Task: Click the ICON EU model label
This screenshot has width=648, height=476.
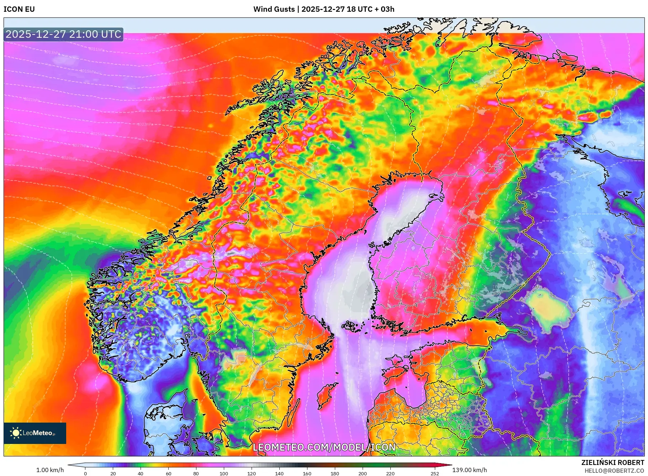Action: tap(19, 9)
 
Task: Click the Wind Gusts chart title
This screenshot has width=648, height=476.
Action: tap(323, 9)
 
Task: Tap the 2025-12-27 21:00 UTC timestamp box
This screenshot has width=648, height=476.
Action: tap(63, 34)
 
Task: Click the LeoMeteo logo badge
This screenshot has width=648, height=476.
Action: tap(35, 433)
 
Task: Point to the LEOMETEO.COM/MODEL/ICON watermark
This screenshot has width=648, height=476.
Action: tap(324, 447)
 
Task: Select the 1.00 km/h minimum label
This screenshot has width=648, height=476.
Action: tap(50, 470)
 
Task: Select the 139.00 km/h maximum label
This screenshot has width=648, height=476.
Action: tap(469, 470)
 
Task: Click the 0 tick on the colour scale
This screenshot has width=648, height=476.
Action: tap(85, 474)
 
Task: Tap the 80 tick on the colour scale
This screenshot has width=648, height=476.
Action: tap(196, 474)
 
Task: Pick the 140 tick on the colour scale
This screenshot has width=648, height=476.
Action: tap(279, 474)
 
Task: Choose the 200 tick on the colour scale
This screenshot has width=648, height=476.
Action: tap(362, 474)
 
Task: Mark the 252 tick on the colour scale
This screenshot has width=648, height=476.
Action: tap(434, 474)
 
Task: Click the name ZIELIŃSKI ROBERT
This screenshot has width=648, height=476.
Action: tap(612, 462)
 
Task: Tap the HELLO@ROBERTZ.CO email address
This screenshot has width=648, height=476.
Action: tap(614, 471)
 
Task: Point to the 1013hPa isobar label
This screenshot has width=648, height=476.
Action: tap(52, 52)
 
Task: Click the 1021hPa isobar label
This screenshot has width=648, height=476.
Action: tap(32, 100)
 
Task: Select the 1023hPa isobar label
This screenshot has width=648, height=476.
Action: tap(145, 124)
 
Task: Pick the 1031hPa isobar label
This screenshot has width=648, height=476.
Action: tap(48, 170)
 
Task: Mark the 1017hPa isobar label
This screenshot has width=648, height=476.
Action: tap(176, 84)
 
